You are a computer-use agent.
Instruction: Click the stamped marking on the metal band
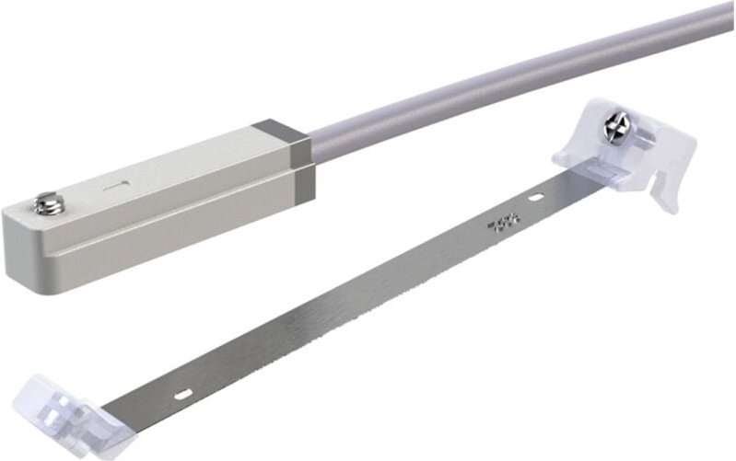[504, 224]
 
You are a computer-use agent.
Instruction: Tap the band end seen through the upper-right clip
[603, 171]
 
